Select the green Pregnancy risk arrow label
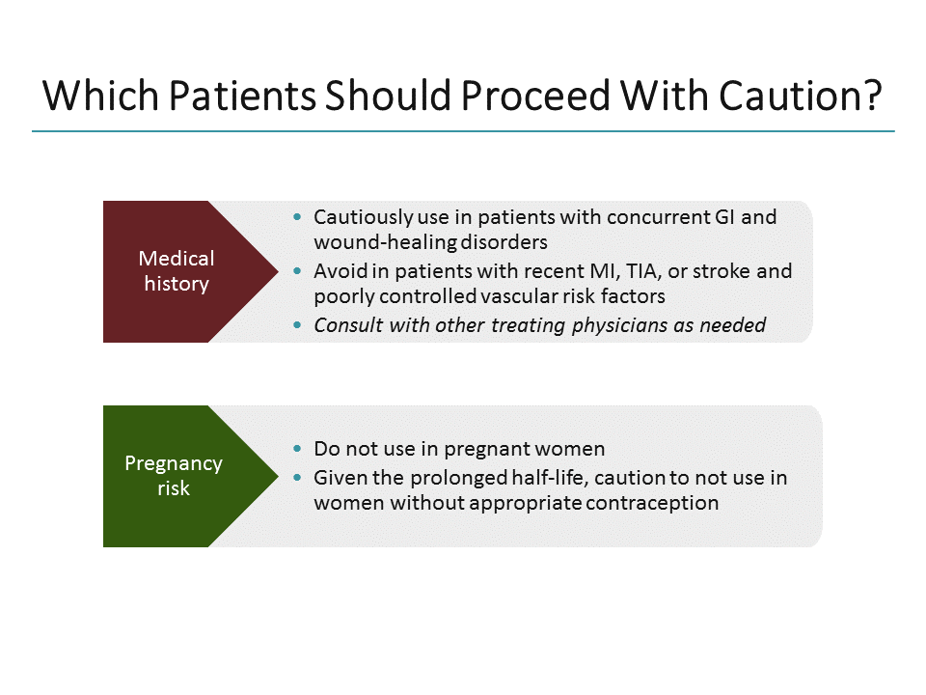click(x=174, y=476)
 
